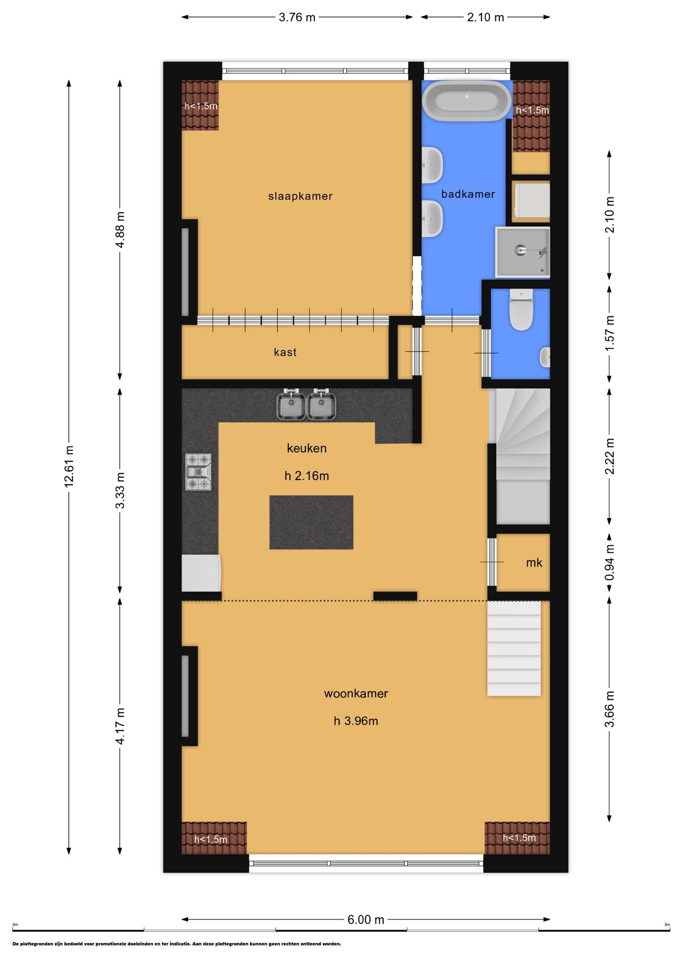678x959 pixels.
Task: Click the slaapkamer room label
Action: pyautogui.click(x=300, y=196)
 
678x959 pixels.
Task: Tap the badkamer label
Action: pyautogui.click(x=468, y=194)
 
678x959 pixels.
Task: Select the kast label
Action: pyautogui.click(x=285, y=352)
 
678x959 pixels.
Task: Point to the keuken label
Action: pyautogui.click(x=307, y=449)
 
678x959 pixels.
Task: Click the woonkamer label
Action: pyautogui.click(x=356, y=693)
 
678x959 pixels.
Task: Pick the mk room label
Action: pyautogui.click(x=534, y=562)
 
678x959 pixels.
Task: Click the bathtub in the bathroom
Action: pyautogui.click(x=467, y=101)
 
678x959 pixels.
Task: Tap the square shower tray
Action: pyautogui.click(x=522, y=252)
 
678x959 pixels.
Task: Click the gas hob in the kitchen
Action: pyautogui.click(x=199, y=472)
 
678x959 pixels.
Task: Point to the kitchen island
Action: pyautogui.click(x=311, y=522)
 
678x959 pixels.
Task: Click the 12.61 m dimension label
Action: pyautogui.click(x=69, y=466)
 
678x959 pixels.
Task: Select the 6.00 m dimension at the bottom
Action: pyautogui.click(x=366, y=920)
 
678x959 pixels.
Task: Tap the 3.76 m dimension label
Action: pyautogui.click(x=297, y=17)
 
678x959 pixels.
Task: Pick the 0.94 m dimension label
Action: pyautogui.click(x=609, y=562)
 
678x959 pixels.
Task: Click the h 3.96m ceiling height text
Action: pyautogui.click(x=356, y=721)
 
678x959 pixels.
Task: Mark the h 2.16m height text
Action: pyautogui.click(x=307, y=476)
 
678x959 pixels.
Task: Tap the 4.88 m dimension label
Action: pyautogui.click(x=120, y=230)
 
